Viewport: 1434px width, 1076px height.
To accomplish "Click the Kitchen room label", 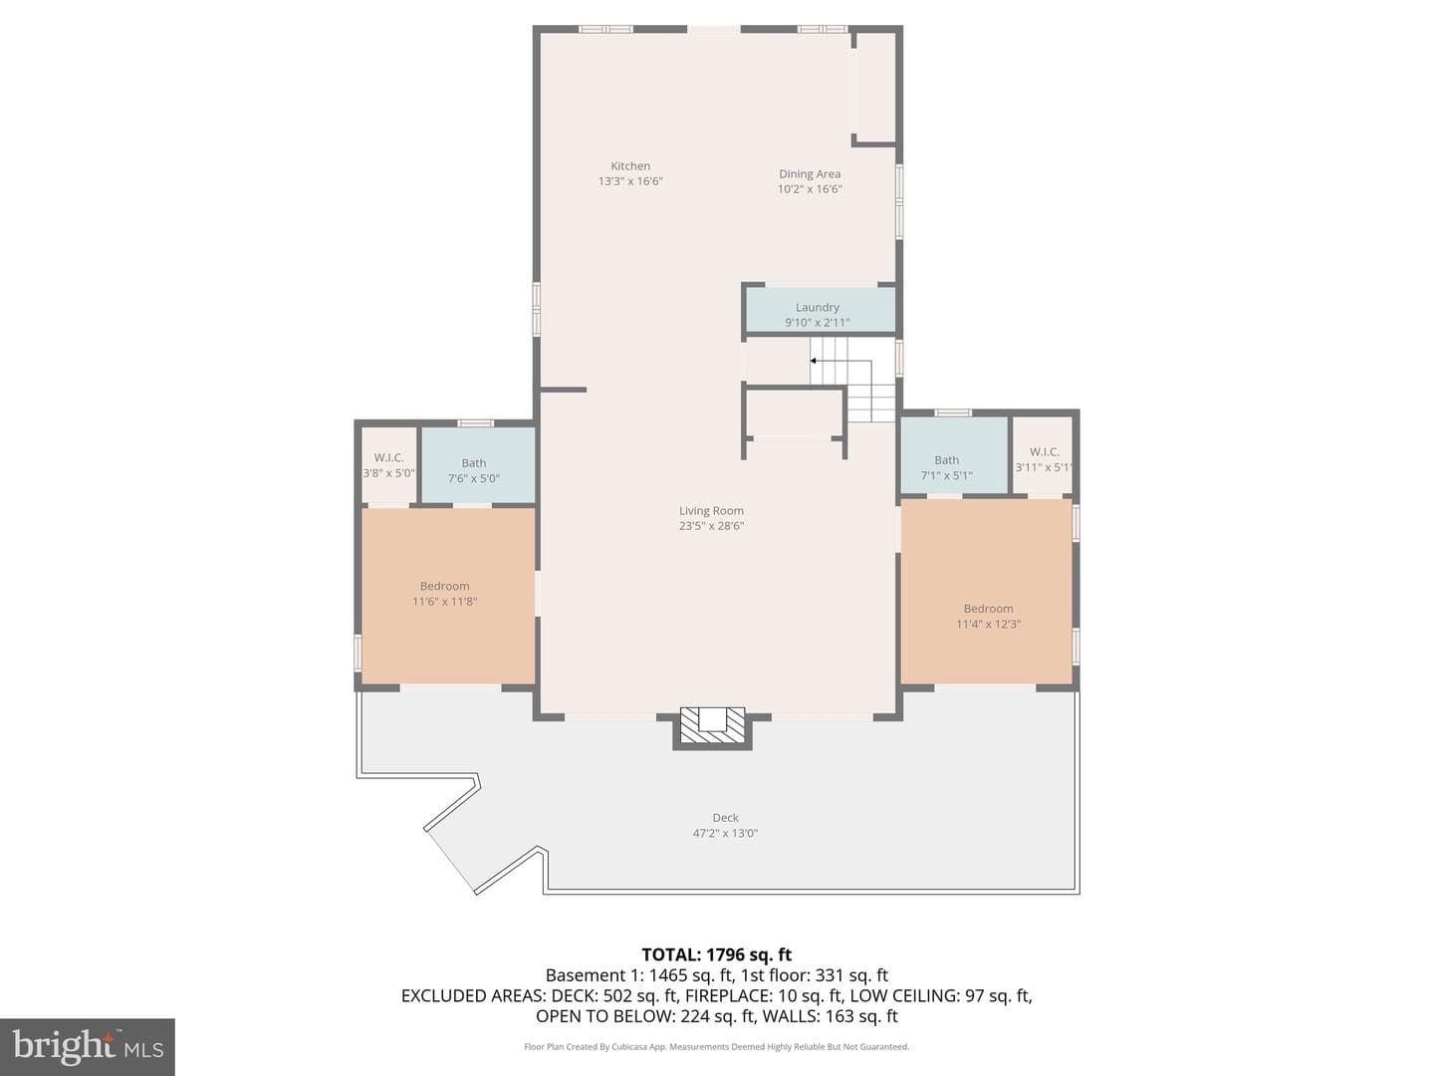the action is click(629, 166).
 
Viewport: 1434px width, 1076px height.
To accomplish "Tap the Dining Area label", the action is click(810, 173).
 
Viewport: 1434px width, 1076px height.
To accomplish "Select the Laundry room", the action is click(820, 310).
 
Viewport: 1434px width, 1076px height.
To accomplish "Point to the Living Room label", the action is click(711, 511).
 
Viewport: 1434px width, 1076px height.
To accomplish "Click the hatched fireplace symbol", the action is click(712, 726).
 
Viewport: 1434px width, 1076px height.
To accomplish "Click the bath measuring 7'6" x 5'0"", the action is click(477, 465).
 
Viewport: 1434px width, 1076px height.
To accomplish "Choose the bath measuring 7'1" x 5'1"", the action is click(954, 455).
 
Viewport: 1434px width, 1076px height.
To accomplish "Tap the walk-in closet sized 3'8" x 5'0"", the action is click(388, 466).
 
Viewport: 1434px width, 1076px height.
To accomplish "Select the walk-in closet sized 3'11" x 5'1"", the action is click(1043, 455).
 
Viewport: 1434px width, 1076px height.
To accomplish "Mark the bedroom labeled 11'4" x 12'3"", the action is click(987, 592).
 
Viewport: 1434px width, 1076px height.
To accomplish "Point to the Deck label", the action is click(725, 818).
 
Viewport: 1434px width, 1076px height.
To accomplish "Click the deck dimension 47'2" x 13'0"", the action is click(725, 834).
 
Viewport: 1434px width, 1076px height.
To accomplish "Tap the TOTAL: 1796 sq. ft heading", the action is click(717, 955).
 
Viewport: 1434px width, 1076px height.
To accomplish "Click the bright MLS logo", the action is click(87, 1046).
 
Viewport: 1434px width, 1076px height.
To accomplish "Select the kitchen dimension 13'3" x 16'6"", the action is click(630, 181).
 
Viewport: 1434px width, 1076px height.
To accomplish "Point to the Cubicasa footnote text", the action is click(717, 1046).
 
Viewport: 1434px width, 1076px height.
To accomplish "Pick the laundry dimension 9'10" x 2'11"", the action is click(818, 323).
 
